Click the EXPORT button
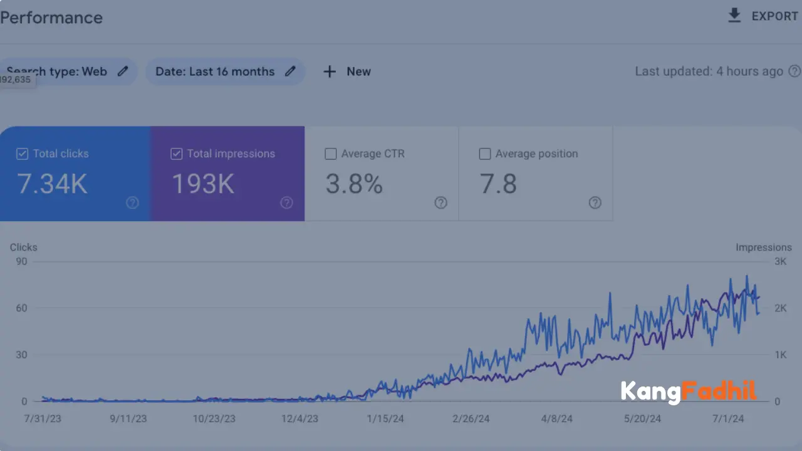point(763,16)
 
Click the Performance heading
point(51,18)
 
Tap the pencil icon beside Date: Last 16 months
point(290,71)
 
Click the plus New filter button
point(347,71)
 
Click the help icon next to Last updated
point(794,71)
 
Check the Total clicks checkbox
point(22,153)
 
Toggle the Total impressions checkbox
point(177,153)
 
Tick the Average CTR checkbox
point(331,153)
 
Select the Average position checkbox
point(485,153)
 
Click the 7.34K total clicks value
point(52,184)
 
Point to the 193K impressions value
point(202,184)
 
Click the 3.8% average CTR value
point(354,184)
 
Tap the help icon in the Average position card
point(595,202)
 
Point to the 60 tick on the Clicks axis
point(21,308)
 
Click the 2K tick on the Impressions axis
point(780,308)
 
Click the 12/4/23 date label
point(299,418)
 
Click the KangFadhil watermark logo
point(689,392)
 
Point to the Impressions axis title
point(763,247)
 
